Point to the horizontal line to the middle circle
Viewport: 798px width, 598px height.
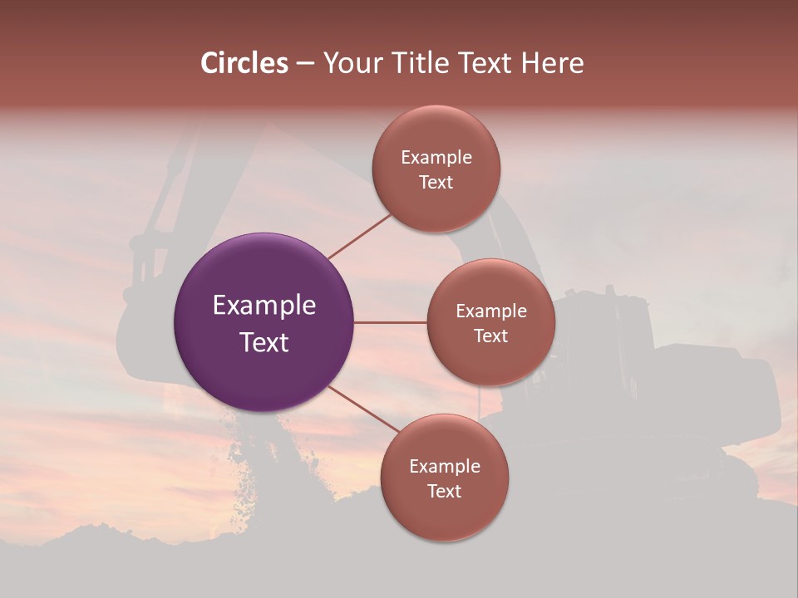point(390,322)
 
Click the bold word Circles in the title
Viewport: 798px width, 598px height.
point(244,63)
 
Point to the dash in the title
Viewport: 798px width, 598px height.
point(305,64)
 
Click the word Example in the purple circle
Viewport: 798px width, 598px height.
point(264,306)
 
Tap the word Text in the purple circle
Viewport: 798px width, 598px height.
point(264,342)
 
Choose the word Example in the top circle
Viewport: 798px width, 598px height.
point(436,158)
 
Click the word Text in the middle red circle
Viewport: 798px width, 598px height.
point(491,336)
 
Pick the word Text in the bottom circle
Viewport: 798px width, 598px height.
point(445,492)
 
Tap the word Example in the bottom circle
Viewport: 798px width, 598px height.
point(445,467)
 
